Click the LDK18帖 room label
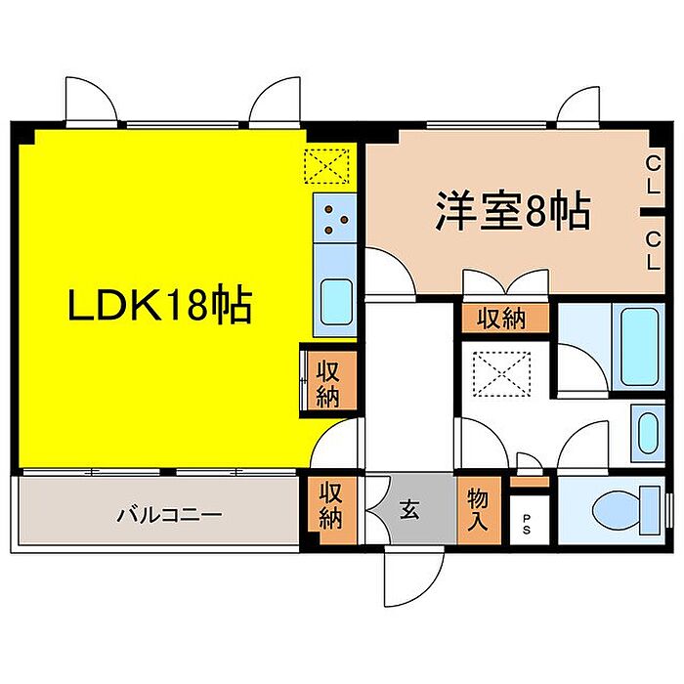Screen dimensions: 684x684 point(159,307)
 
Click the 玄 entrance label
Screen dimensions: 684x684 point(409,509)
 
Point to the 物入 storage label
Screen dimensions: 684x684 point(478,509)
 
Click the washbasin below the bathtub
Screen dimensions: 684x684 point(646,430)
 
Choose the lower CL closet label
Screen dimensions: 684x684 point(651,249)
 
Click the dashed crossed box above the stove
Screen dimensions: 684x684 point(327,165)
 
